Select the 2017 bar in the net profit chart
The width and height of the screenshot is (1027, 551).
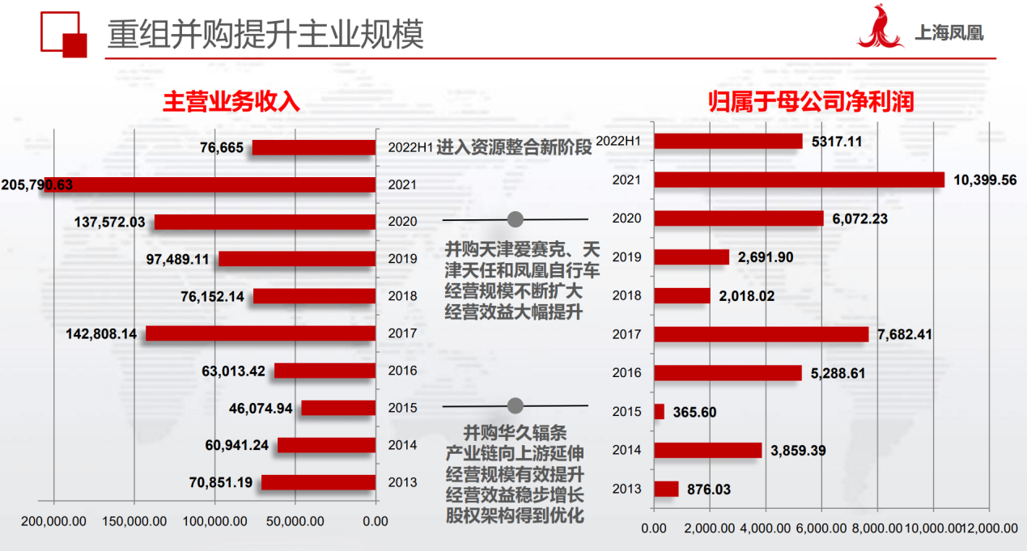[761, 334]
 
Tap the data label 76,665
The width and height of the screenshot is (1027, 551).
[223, 147]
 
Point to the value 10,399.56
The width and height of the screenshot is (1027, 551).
[985, 180]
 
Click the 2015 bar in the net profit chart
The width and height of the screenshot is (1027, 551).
[659, 412]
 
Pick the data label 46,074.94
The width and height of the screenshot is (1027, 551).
[261, 408]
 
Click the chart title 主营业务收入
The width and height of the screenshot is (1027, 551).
[231, 101]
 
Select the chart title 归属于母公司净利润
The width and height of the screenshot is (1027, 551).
[812, 101]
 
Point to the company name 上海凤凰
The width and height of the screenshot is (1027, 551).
[948, 34]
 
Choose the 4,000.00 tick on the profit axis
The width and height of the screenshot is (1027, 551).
[765, 528]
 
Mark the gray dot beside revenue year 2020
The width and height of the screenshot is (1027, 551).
[515, 219]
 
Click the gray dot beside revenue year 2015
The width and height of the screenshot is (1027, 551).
[515, 405]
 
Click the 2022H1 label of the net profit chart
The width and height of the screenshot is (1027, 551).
[618, 142]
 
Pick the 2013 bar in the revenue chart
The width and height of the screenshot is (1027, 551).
[318, 482]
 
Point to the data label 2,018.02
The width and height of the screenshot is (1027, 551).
[746, 296]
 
